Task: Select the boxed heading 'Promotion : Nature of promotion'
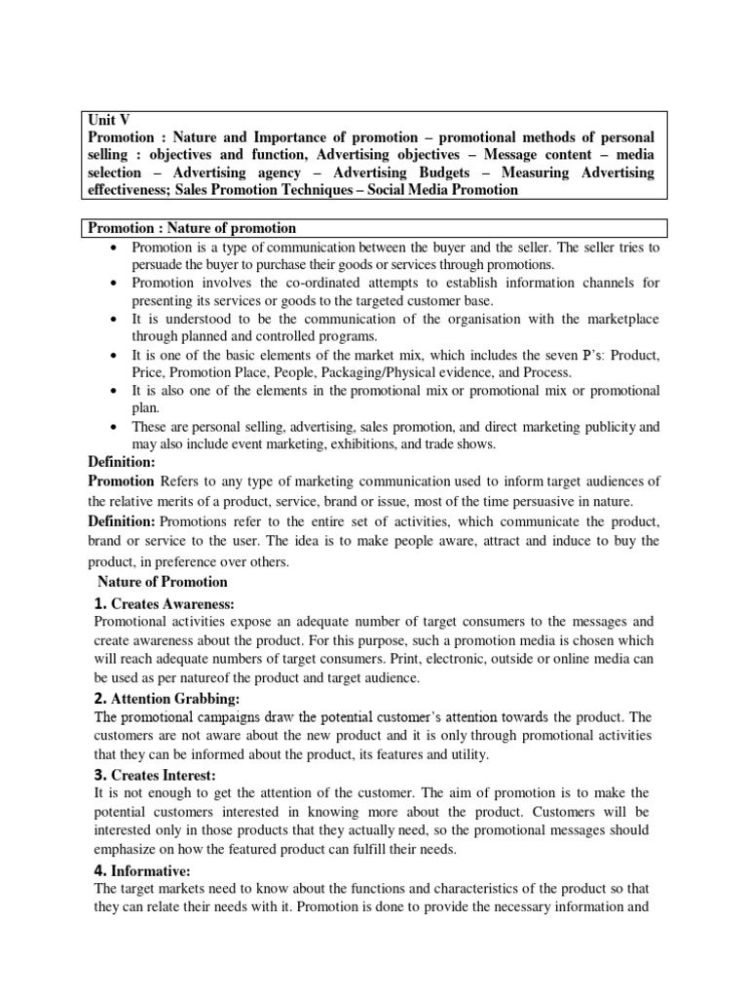click(192, 228)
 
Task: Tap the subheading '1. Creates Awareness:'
click(166, 603)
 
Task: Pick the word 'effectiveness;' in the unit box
click(132, 190)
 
